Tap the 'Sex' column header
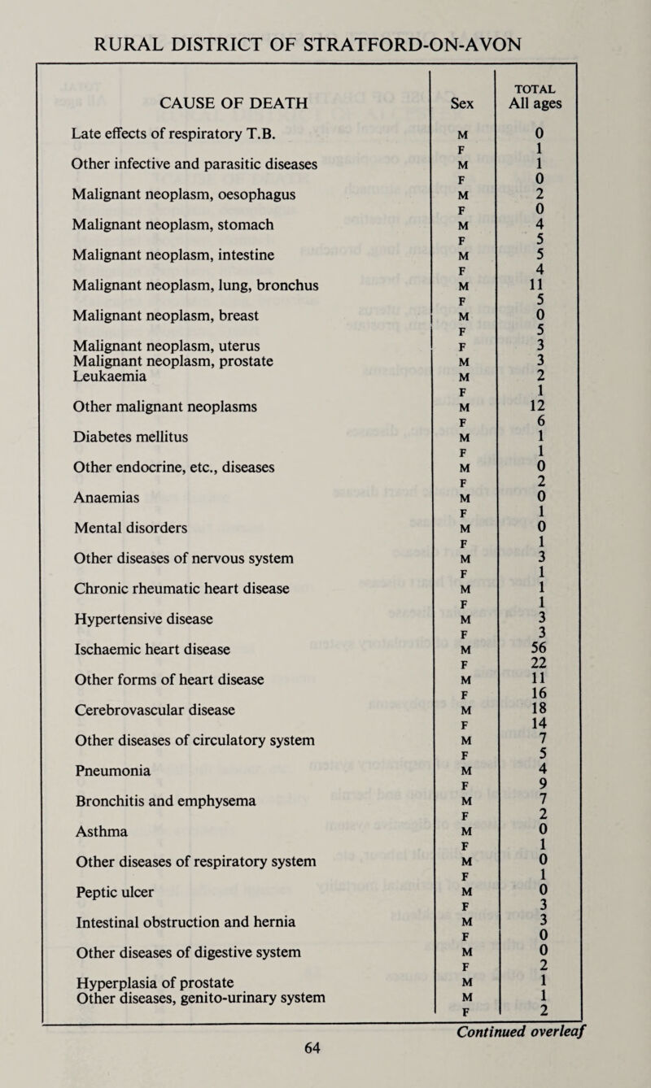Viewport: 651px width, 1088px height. (461, 103)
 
